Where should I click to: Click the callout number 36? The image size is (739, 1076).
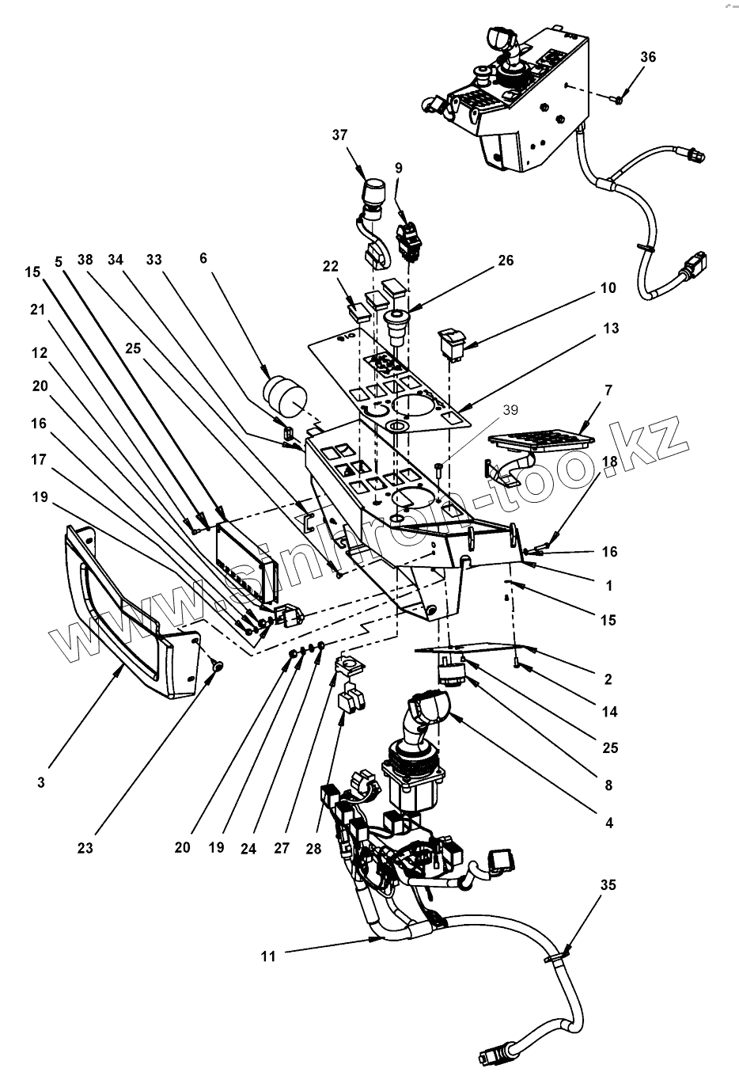(x=648, y=57)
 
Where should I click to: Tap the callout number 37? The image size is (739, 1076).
(x=339, y=135)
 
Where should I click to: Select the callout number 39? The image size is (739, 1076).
(x=510, y=410)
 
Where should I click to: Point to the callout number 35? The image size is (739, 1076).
(x=608, y=885)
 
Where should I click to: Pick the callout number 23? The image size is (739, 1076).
(x=85, y=848)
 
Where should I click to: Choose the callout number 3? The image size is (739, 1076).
(x=41, y=782)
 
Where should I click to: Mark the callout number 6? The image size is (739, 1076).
(x=203, y=258)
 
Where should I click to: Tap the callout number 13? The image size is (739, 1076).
(x=611, y=329)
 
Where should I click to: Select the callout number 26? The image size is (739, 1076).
(x=506, y=260)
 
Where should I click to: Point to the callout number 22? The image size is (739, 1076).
(x=331, y=266)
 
